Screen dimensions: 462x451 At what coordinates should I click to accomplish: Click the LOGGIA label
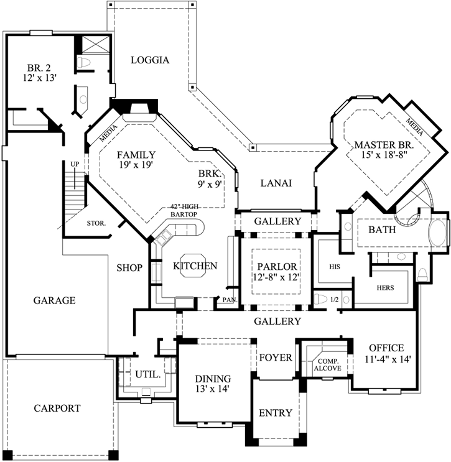coord(150,60)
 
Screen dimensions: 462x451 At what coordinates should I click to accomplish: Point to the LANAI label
coord(276,183)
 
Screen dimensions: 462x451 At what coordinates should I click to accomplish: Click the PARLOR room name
coord(277,266)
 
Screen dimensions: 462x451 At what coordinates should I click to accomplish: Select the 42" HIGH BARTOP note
coord(187,211)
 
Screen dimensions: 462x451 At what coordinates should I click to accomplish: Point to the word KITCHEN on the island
coord(195,266)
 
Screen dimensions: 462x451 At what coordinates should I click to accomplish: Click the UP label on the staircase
coord(75,164)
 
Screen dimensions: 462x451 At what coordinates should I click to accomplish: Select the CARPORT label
coord(57,409)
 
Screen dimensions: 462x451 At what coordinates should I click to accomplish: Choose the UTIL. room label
coord(148,375)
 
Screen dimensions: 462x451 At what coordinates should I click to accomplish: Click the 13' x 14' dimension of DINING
coord(213,390)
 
